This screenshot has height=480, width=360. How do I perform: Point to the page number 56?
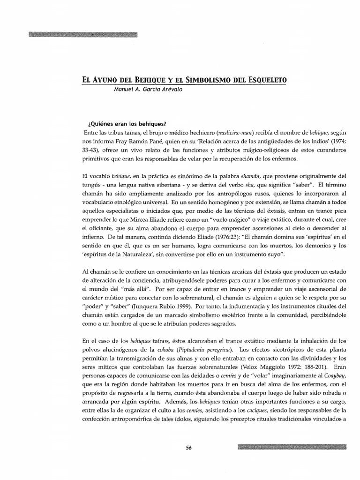(189, 447)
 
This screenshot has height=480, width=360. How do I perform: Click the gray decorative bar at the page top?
(83, 34)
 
